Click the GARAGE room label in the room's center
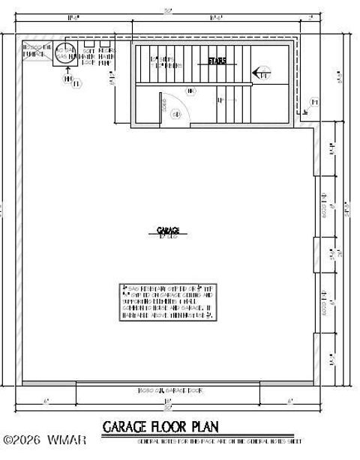168,230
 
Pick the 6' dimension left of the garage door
46,402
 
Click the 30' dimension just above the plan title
168,409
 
